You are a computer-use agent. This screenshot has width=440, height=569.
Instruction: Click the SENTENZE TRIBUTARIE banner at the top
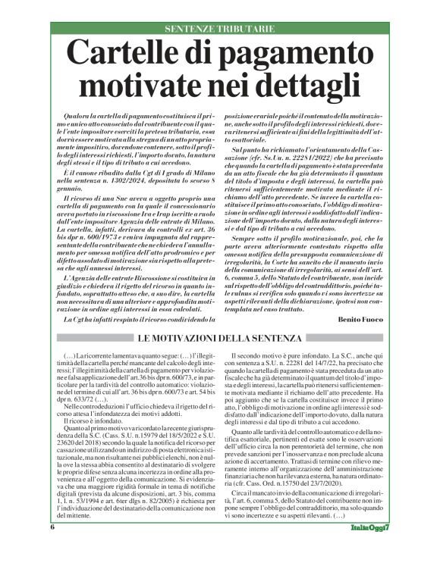[x=219, y=29]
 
